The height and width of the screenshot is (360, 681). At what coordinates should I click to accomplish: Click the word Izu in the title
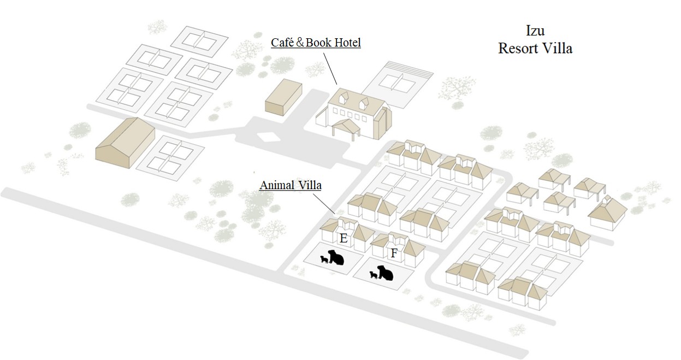point(535,31)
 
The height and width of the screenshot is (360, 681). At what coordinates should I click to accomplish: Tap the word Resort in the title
point(518,48)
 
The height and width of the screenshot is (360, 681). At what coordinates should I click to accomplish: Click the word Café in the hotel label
point(283,43)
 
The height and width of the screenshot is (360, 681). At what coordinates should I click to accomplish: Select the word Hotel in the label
point(345,43)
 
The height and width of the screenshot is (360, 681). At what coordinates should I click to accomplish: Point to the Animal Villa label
point(290,185)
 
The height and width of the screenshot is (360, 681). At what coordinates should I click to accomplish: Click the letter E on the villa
point(344,239)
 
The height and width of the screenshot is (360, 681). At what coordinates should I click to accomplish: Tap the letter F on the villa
point(393,253)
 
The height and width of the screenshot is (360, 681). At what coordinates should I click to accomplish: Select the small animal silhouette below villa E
point(324,259)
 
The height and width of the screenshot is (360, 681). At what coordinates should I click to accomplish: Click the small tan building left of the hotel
point(283,96)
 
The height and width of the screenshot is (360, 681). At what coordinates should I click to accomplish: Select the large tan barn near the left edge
point(125,140)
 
